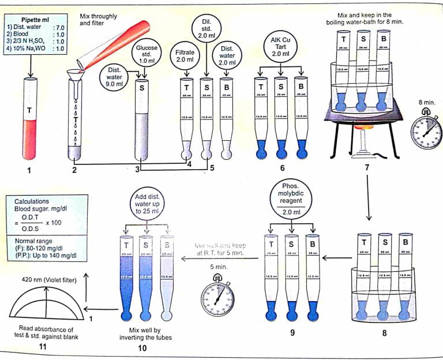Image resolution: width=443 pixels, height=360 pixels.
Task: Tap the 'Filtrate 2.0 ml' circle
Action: [186, 55]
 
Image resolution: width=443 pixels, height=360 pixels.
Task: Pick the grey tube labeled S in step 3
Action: [142, 121]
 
